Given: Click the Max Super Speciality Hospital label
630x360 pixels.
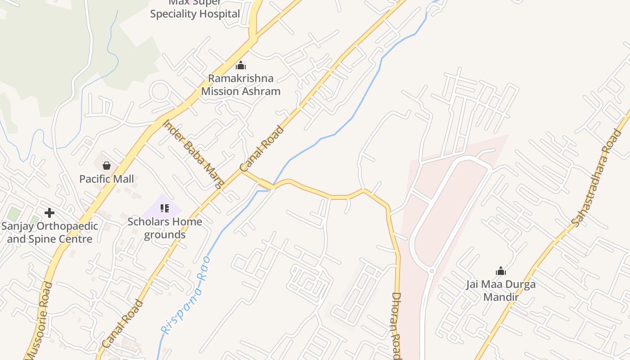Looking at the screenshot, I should tap(195, 9).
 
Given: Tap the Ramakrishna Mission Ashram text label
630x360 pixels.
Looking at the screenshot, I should tap(241, 85).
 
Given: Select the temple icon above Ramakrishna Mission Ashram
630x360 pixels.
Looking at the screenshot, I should tap(241, 66).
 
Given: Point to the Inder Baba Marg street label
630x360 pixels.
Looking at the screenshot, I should tap(193, 153).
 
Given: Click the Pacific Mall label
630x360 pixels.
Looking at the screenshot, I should tap(107, 179).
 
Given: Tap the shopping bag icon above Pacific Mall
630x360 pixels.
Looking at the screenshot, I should tap(107, 166).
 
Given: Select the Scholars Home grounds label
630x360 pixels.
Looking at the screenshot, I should tap(165, 228).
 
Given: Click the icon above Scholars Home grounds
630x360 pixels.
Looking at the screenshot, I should tap(165, 208).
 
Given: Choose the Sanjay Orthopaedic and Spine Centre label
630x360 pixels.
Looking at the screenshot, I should tap(49, 232).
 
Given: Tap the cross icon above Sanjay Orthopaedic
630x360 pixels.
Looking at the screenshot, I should tap(49, 213).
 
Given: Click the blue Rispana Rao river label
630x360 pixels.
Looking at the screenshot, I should tap(186, 295).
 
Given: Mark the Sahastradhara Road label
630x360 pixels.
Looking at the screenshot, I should tap(596, 178).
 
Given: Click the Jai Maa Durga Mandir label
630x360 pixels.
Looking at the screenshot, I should tap(501, 290).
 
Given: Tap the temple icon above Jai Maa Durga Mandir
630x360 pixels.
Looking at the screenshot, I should tap(501, 271).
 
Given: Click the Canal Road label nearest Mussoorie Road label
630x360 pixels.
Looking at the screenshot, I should tap(122, 324).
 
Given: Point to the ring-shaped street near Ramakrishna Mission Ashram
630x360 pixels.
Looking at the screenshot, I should tap(159, 92).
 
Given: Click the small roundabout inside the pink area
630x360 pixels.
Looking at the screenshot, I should tap(432, 271).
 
